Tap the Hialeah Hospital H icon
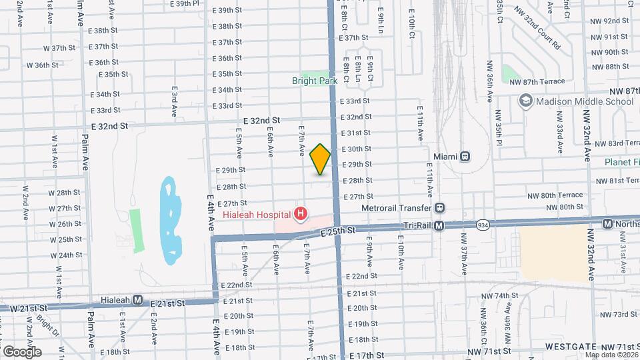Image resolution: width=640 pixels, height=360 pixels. tap(301, 214)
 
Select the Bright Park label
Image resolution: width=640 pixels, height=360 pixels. tap(315, 81)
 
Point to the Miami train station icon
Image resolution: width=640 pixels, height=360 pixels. tap(465, 156)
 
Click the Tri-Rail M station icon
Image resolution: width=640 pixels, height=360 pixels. tap(439, 226)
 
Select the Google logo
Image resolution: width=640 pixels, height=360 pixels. tap(22, 352)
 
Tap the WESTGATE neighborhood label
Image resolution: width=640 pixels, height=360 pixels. tap(569, 347)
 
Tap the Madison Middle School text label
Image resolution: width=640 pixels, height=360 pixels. tap(585, 101)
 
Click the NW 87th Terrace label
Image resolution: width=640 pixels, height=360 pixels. tap(537, 81)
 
